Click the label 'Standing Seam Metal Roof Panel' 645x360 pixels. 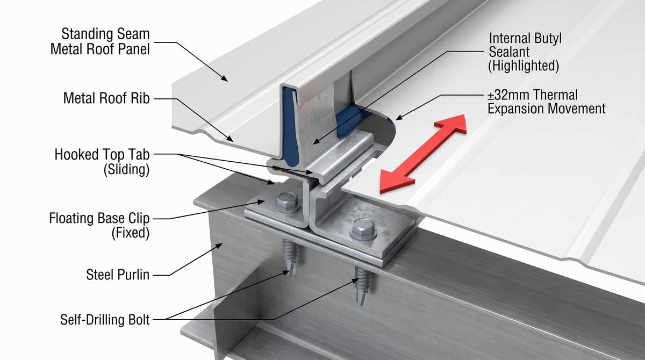click(x=100, y=41)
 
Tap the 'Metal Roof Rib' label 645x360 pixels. click(x=106, y=98)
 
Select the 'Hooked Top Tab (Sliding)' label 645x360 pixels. click(x=102, y=162)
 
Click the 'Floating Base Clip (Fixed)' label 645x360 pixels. click(x=99, y=225)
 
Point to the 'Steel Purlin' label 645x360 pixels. click(x=118, y=275)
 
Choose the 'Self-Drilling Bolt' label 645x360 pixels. click(x=105, y=320)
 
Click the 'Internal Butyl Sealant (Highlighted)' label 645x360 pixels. click(x=525, y=52)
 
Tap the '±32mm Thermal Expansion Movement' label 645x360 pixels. click(x=546, y=102)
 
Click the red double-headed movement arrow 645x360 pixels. click(x=423, y=154)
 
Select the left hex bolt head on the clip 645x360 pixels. click(x=287, y=201)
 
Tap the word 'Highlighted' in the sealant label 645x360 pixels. click(x=524, y=66)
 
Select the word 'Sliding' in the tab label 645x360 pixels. click(x=127, y=169)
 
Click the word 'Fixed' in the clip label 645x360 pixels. click(x=131, y=233)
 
